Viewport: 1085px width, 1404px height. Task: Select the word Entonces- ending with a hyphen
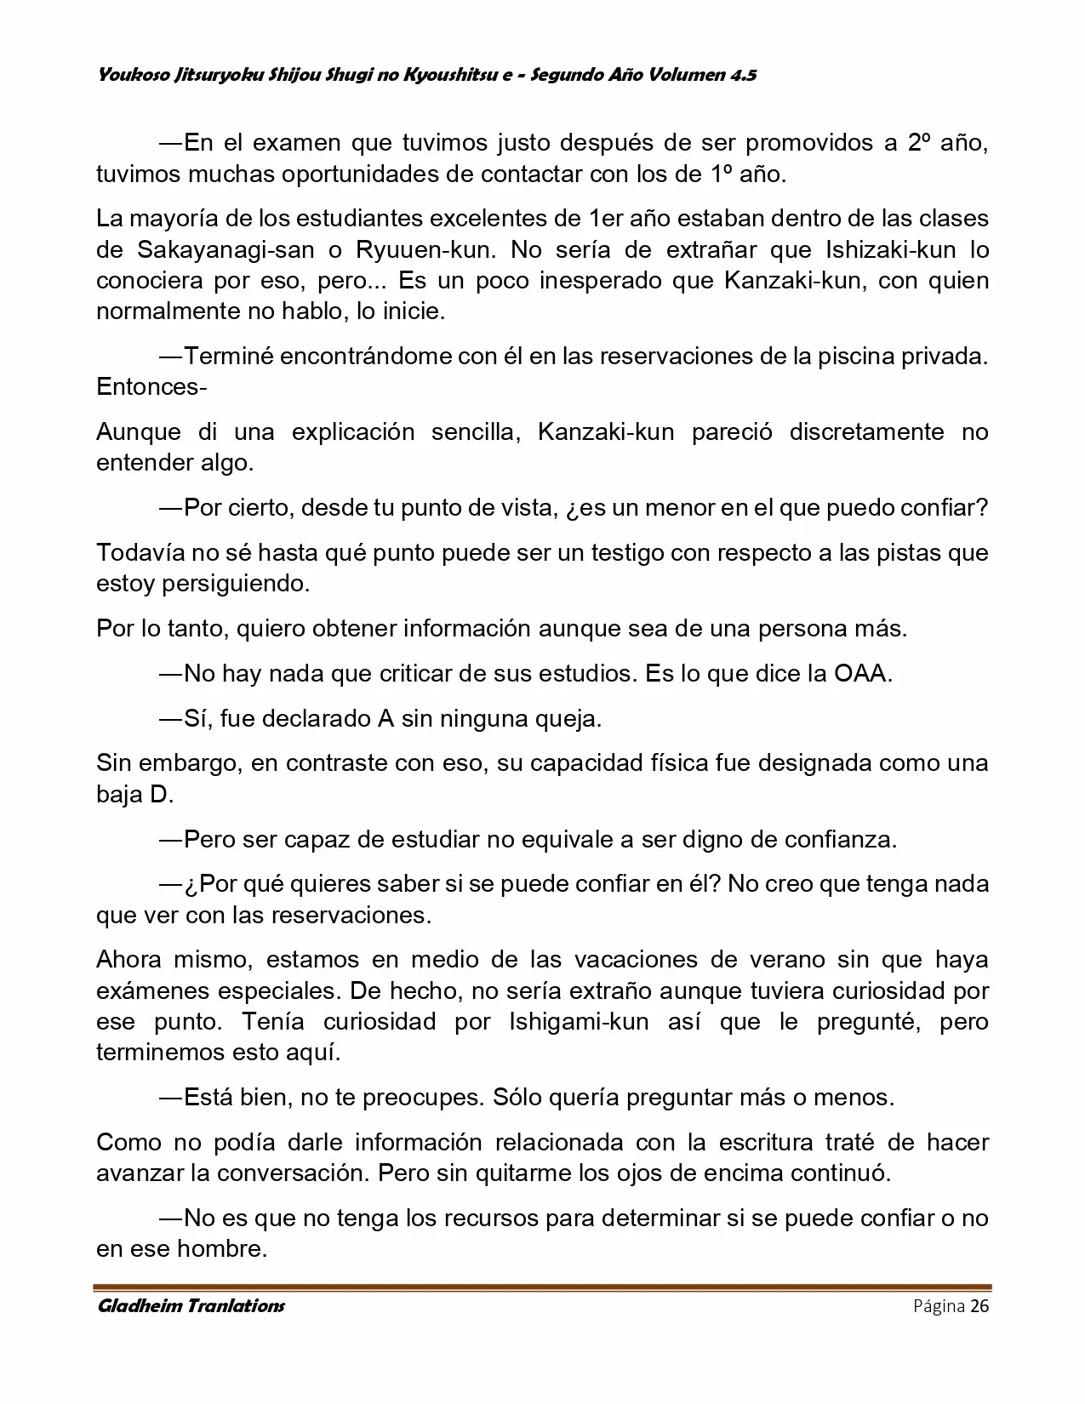click(151, 387)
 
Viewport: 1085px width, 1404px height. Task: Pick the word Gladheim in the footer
click(144, 1306)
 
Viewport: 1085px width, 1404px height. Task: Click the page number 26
click(979, 1307)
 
